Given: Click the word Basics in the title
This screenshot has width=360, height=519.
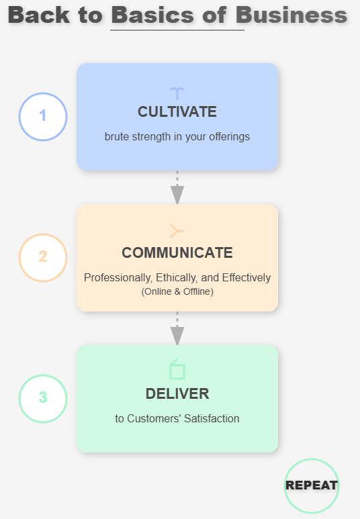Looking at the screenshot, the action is click(152, 15).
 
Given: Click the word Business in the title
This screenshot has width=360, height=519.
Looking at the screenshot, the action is click(291, 15).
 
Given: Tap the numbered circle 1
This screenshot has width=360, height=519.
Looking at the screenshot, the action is click(43, 117).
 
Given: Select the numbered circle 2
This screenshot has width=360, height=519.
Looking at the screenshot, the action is click(43, 258).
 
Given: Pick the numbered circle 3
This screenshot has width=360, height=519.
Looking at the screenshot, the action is click(43, 399).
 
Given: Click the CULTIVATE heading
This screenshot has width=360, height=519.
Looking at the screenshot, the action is click(177, 112).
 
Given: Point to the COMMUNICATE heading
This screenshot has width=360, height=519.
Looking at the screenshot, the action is click(177, 253).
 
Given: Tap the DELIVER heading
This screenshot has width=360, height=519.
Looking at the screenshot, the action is click(177, 394).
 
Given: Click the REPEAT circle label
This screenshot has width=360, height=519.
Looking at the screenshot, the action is click(312, 485).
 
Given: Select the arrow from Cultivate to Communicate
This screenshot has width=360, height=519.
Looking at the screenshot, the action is click(177, 187).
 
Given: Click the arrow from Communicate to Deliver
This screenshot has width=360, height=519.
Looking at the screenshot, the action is click(177, 328).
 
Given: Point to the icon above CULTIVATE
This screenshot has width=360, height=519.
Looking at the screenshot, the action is click(177, 93).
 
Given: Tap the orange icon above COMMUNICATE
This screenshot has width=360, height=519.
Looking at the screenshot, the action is click(177, 231).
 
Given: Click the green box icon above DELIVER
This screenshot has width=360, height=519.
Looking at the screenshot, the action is click(177, 369).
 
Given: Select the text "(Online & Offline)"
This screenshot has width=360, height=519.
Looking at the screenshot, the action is click(177, 291).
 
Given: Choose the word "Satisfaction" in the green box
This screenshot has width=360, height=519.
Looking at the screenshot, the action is click(212, 418).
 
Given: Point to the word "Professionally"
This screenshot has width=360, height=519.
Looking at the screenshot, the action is click(118, 278).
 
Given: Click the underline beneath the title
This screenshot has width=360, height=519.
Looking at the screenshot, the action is click(177, 30).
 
